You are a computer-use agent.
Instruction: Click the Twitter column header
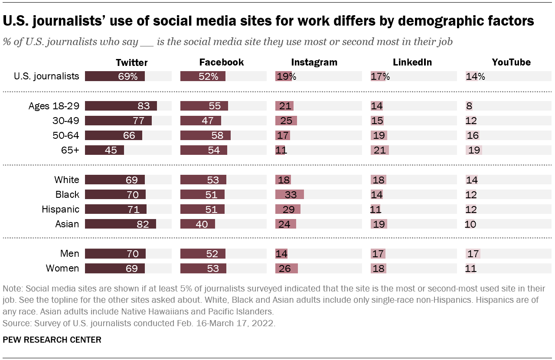[131, 62]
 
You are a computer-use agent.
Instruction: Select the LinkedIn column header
[412, 62]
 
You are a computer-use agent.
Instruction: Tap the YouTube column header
[511, 62]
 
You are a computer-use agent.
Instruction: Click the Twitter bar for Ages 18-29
[121, 106]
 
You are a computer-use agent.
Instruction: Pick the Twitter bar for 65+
[104, 150]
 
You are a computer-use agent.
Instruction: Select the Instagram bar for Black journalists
[289, 194]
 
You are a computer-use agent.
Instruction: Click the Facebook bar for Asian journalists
[197, 224]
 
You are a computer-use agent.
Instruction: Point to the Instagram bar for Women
[286, 268]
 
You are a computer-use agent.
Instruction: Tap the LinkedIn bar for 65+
[379, 150]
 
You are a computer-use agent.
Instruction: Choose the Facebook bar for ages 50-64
[205, 135]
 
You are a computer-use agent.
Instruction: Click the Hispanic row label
[60, 209]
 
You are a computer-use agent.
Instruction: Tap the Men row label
[70, 253]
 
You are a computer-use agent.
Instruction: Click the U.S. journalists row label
[46, 76]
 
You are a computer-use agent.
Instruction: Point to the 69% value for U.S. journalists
[128, 76]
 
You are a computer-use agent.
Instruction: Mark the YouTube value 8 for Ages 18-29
[469, 106]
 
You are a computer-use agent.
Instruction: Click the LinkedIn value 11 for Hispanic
[375, 209]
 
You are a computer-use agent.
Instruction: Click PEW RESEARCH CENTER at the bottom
[52, 340]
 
